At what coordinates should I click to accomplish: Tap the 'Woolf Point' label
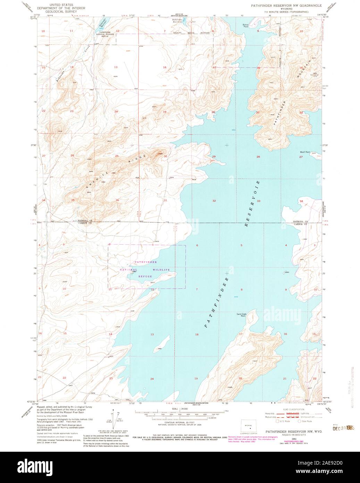pos(305,152)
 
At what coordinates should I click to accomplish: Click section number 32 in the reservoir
pos(214,201)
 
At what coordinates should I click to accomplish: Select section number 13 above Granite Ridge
pos(116,67)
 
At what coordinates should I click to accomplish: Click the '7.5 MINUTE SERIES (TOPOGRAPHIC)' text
pos(286,11)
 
